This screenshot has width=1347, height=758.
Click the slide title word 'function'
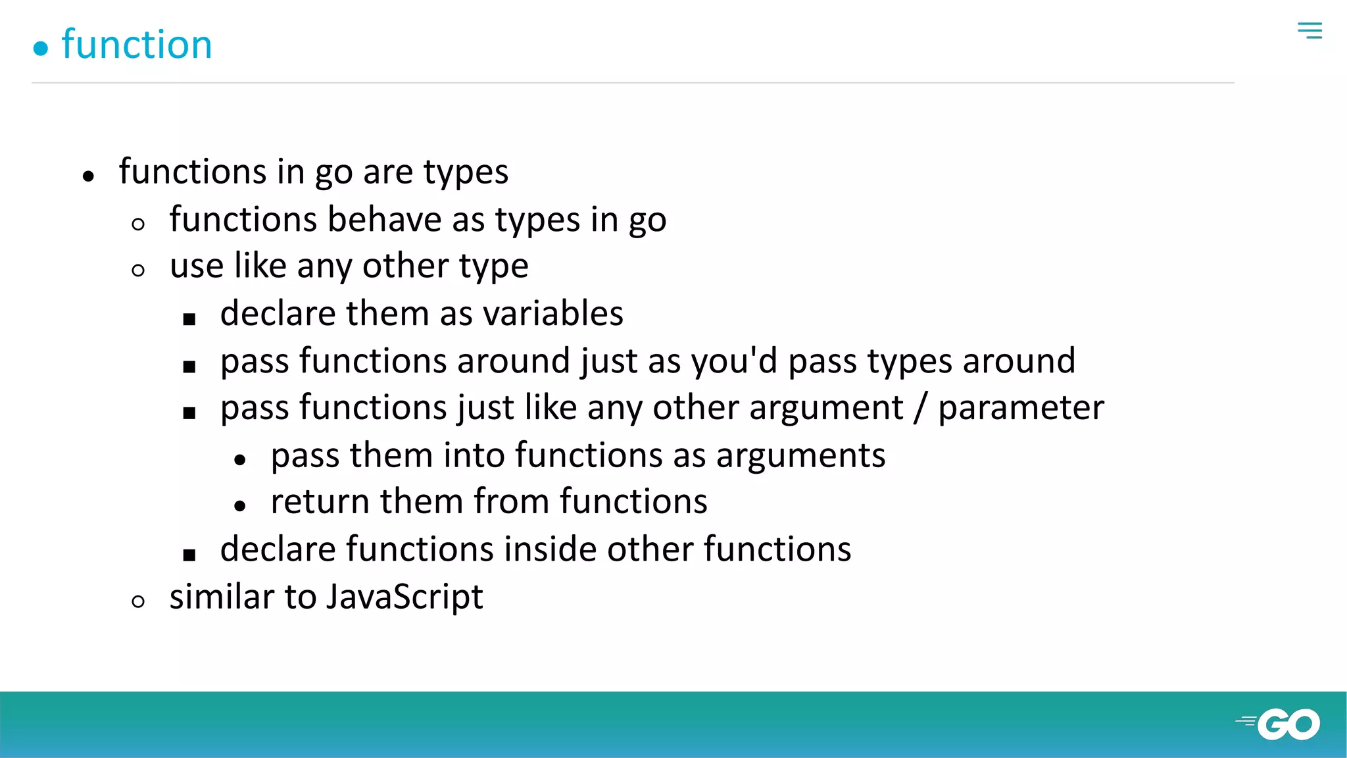click(137, 45)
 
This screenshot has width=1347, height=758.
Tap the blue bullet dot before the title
click(41, 49)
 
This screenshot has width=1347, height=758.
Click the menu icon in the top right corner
click(1310, 30)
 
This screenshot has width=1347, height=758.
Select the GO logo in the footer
click(1279, 724)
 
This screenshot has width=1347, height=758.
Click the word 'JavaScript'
click(404, 597)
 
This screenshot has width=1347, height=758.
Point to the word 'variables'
click(553, 313)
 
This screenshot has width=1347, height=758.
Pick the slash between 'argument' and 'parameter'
click(921, 408)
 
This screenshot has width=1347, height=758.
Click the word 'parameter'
click(1021, 408)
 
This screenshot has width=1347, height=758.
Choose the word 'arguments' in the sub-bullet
click(800, 455)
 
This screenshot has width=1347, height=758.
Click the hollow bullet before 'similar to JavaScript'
click(138, 601)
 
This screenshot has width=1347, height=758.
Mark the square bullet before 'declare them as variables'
click(189, 320)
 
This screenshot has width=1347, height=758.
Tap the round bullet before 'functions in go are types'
click(89, 176)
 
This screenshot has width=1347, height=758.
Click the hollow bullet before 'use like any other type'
click(138, 270)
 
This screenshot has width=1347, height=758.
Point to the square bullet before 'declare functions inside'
click(189, 555)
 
